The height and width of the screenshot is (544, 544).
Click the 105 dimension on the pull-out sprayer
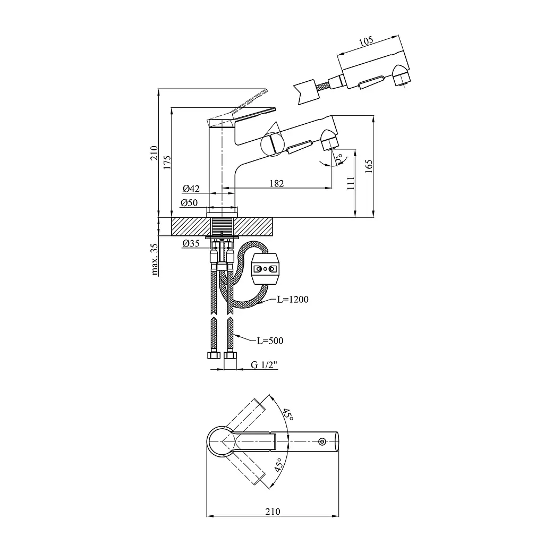click(x=366, y=41)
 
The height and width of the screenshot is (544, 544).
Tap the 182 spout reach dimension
click(x=276, y=183)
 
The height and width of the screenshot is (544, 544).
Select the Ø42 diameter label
click(x=191, y=189)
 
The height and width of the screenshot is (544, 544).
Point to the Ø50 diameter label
click(x=189, y=202)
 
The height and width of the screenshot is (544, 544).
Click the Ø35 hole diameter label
click(x=191, y=243)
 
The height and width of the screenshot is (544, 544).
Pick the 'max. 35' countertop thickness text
click(x=155, y=259)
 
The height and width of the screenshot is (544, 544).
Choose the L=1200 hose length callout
click(x=293, y=299)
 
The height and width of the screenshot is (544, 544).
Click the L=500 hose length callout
click(x=270, y=341)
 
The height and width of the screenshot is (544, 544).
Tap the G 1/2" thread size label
click(x=265, y=364)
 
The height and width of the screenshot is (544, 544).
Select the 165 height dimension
click(x=369, y=166)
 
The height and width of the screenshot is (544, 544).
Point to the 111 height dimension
click(x=351, y=183)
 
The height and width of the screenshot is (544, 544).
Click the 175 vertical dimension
click(x=167, y=163)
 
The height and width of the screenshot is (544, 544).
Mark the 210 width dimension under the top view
click(x=273, y=512)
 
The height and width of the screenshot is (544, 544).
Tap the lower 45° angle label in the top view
click(x=278, y=465)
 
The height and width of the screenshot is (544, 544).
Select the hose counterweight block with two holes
click(x=266, y=269)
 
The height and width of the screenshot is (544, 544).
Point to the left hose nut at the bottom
click(x=214, y=355)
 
